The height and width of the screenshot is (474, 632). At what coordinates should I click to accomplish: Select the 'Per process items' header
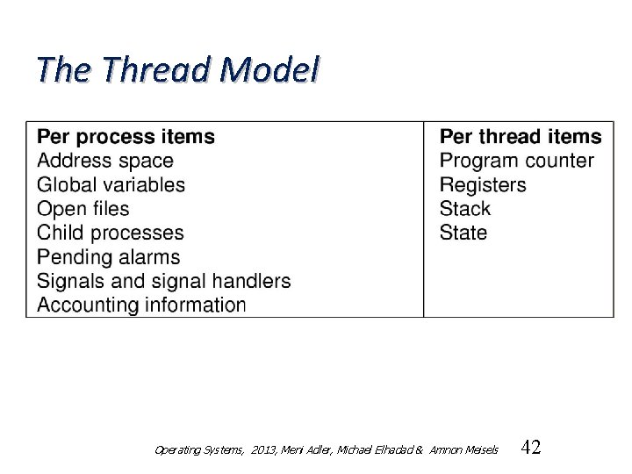pos(126,137)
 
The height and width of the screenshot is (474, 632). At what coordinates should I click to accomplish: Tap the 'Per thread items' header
pos(521,137)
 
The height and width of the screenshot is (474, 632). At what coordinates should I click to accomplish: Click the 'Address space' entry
pos(105,162)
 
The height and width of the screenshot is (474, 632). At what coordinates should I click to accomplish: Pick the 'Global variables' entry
pos(111,185)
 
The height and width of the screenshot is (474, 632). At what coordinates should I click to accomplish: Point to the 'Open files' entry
pos(83,209)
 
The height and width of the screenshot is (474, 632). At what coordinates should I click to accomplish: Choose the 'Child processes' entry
pos(111,233)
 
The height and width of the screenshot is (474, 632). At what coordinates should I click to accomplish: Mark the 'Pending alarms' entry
pos(108,257)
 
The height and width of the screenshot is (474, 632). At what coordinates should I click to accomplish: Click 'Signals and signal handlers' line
pos(163,282)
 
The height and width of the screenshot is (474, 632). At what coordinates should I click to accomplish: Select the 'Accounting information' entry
pos(141,305)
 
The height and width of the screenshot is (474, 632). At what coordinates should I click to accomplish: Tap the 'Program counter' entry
pos(516,162)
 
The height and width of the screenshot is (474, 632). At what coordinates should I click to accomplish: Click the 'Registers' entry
pos(483,185)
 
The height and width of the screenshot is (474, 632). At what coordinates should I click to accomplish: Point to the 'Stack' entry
pos(465,209)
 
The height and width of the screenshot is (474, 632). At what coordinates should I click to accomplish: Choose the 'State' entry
pos(463,233)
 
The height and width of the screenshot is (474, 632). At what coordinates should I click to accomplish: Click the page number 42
pos(531,448)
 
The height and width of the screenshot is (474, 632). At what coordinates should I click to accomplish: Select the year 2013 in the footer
pos(262,450)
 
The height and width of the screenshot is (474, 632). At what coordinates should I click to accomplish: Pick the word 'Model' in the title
pos(270,71)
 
